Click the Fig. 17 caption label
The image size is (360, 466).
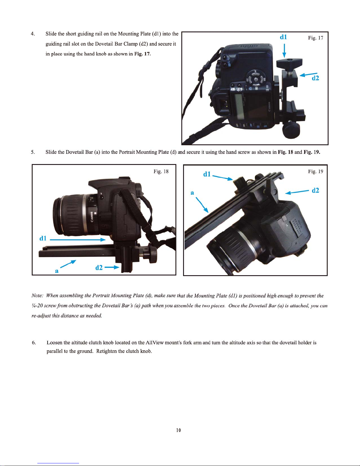pyautogui.click(x=315, y=38)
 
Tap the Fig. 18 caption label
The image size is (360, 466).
pyautogui.click(x=161, y=171)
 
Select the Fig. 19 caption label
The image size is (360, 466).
pyautogui.click(x=315, y=171)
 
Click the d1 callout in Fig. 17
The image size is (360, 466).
pyautogui.click(x=283, y=37)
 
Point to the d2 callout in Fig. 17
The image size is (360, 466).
pyautogui.click(x=315, y=78)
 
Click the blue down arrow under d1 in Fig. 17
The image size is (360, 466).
pyautogui.click(x=284, y=51)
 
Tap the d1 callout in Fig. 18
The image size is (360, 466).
pyautogui.click(x=43, y=238)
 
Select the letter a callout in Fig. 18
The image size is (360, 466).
pyautogui.click(x=57, y=271)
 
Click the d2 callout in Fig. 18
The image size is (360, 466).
pyautogui.click(x=99, y=268)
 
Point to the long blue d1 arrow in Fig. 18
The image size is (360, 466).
pyautogui.click(x=78, y=240)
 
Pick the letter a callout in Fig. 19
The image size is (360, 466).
pyautogui.click(x=192, y=193)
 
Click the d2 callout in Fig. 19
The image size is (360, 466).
pyautogui.click(x=315, y=190)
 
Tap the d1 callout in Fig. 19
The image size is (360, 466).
pyautogui.click(x=207, y=174)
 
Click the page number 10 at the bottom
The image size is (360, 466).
pyautogui.click(x=178, y=430)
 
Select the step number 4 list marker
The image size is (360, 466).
pyautogui.click(x=33, y=34)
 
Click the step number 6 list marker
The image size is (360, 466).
pyautogui.click(x=34, y=343)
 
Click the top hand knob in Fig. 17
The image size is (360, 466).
pyautogui.click(x=289, y=63)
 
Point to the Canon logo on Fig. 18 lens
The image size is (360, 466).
pyautogui.click(x=91, y=217)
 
